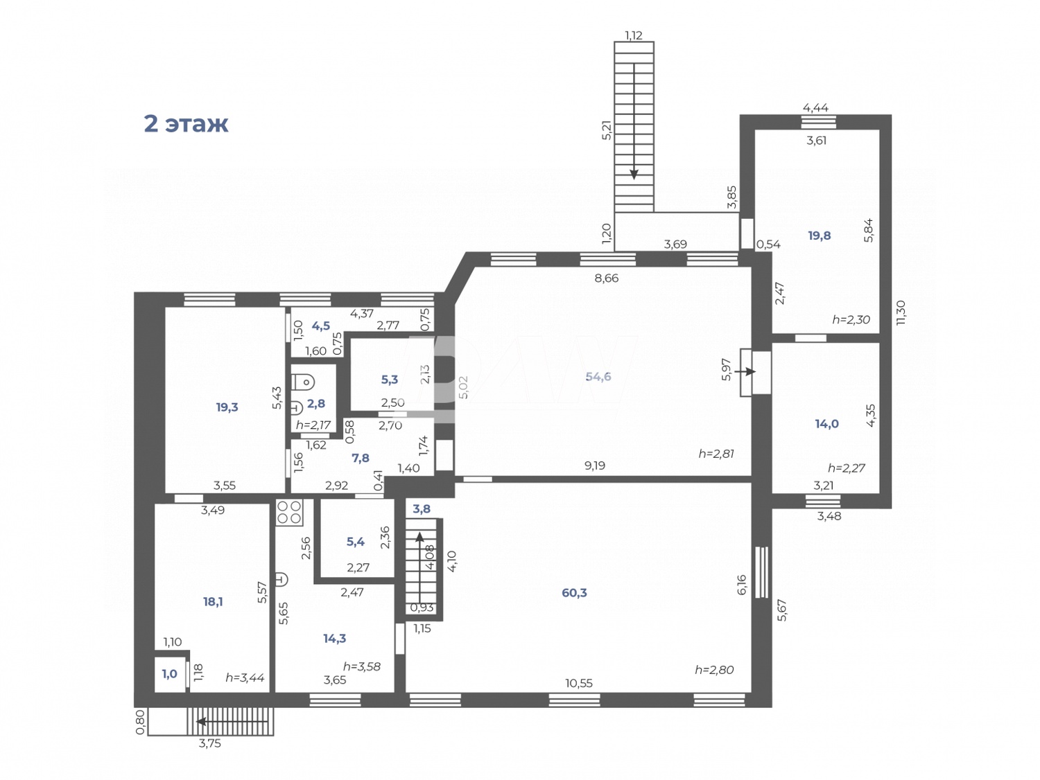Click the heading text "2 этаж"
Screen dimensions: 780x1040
click(185, 124)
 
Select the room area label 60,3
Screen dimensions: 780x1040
click(574, 593)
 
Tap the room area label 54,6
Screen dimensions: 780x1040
click(598, 377)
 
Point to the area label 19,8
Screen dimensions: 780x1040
click(819, 236)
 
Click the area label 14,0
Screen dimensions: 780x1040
click(826, 424)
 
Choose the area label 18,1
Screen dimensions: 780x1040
click(213, 602)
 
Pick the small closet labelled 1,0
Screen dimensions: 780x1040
click(170, 674)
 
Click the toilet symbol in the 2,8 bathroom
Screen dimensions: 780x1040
click(304, 381)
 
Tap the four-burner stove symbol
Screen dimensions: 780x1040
click(289, 512)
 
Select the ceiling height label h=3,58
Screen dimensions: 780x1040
click(362, 666)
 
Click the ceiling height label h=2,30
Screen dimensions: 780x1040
click(851, 320)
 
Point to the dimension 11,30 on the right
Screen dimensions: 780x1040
click(901, 312)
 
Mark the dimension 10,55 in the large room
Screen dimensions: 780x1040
click(579, 683)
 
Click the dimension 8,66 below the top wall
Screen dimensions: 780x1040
click(606, 278)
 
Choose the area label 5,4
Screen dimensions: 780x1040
click(356, 542)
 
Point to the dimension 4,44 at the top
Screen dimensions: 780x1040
click(815, 107)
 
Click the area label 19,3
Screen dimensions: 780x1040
click(227, 407)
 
